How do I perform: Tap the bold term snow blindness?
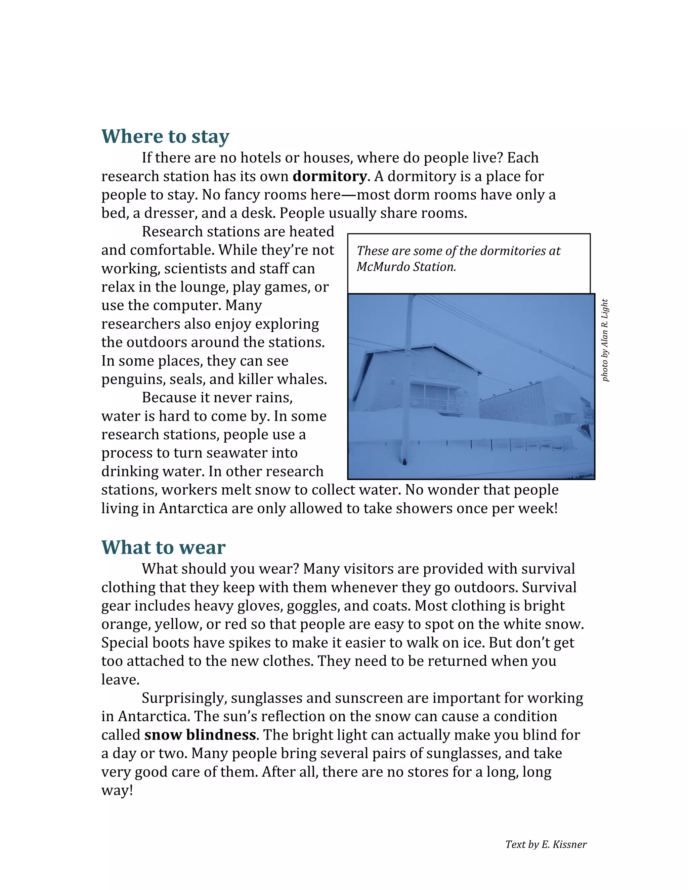200,735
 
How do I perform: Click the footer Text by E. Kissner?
546,844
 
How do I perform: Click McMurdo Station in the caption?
406,267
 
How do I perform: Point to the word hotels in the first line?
260,158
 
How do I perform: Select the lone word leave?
120,679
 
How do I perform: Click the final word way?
117,790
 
